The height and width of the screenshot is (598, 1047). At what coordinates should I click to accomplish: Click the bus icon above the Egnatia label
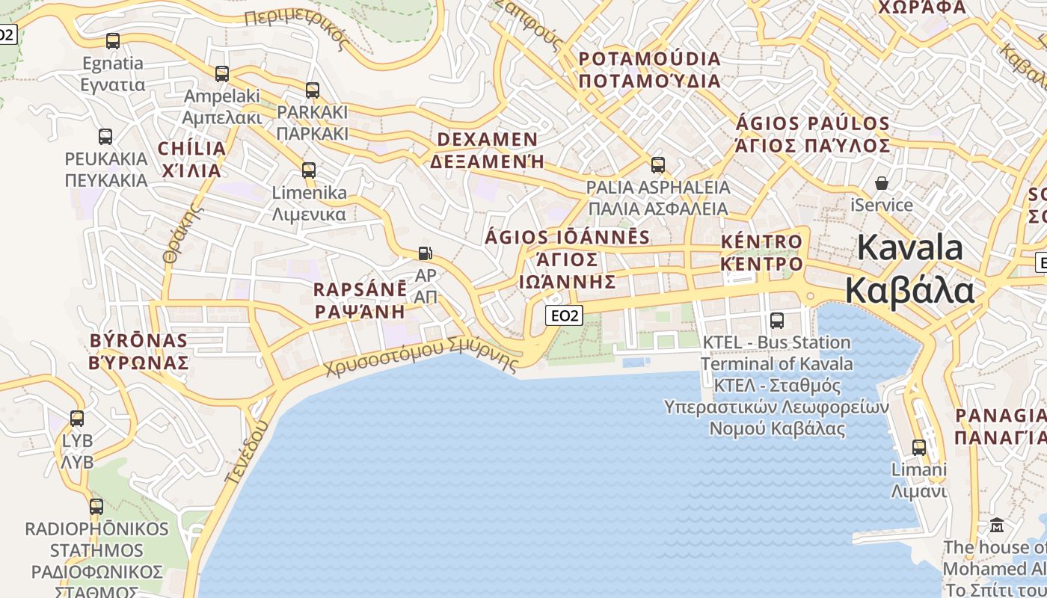(x=113, y=41)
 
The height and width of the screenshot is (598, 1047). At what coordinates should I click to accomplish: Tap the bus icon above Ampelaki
(x=222, y=74)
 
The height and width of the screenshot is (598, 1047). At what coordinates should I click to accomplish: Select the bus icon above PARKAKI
(x=313, y=90)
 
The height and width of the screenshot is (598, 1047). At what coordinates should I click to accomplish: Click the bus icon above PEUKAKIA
(x=105, y=137)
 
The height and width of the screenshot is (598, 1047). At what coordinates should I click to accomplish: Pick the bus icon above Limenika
(x=309, y=170)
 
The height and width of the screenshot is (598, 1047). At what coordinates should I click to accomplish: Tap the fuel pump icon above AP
(x=425, y=253)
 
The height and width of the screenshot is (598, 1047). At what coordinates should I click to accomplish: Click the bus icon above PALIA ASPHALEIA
(x=658, y=164)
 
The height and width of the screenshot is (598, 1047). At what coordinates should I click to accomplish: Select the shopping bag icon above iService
(x=882, y=183)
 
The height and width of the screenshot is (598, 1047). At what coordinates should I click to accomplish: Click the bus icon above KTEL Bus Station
(x=777, y=321)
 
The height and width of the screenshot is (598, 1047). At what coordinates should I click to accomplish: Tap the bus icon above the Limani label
(x=919, y=448)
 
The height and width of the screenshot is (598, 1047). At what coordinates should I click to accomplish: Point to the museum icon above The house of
(x=997, y=525)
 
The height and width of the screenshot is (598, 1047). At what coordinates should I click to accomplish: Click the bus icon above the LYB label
(x=77, y=419)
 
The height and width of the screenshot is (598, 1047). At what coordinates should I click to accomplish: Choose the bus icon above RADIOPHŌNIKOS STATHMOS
(x=96, y=507)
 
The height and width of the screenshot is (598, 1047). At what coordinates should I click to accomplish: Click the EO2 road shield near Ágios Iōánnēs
(x=563, y=315)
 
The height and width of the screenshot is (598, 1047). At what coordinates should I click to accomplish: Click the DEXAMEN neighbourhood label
(x=487, y=140)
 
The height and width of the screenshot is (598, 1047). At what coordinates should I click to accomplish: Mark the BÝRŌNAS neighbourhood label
(x=138, y=341)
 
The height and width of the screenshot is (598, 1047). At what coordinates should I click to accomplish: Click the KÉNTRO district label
(x=761, y=242)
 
